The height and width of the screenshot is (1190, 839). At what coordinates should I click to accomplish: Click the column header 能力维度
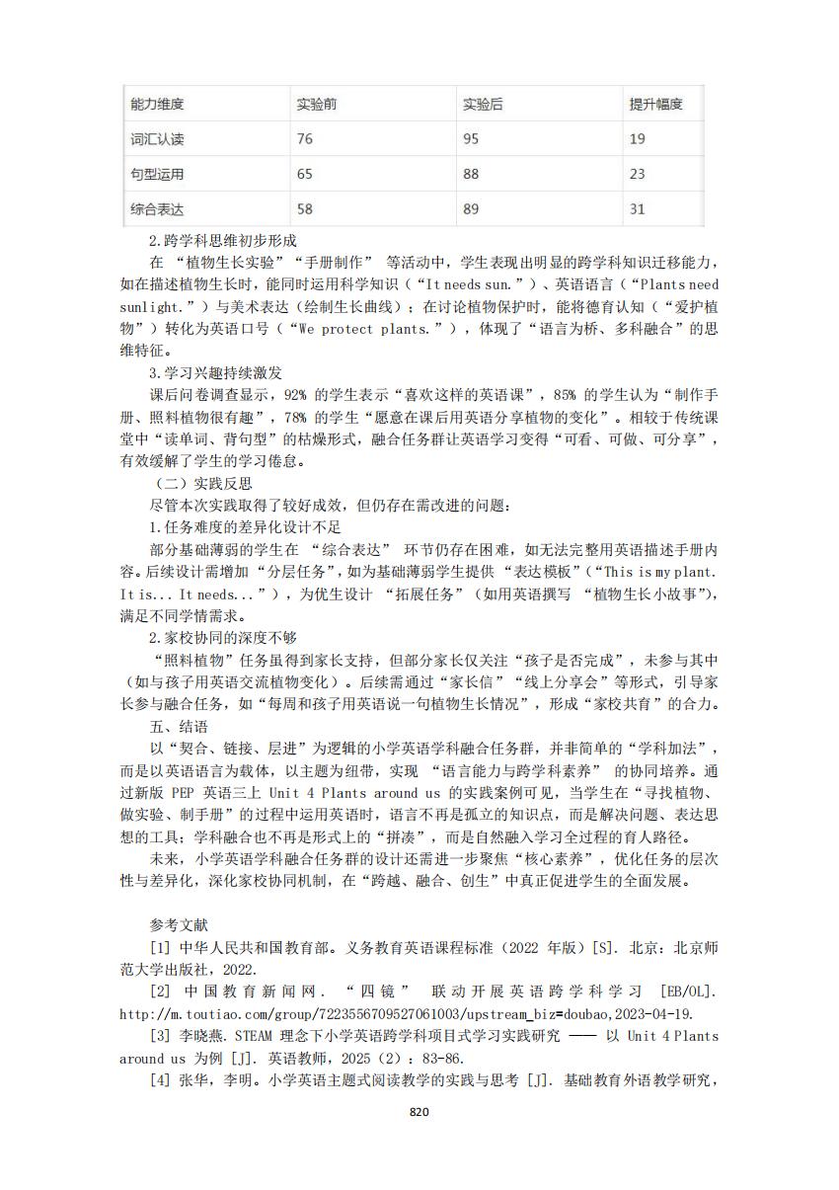pos(158,104)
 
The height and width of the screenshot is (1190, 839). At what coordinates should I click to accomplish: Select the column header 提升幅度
pos(656,104)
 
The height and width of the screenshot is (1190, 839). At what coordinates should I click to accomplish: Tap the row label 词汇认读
pos(158,139)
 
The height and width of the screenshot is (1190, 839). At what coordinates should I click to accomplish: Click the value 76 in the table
pos(305,139)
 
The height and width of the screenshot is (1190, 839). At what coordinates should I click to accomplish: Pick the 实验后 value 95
pos(471,139)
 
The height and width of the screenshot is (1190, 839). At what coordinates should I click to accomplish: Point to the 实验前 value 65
pos(305,174)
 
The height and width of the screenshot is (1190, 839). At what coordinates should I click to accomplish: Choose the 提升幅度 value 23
pos(638,174)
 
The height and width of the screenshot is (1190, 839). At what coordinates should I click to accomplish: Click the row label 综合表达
pos(158,209)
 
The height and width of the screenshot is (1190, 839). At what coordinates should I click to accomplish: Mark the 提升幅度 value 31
pos(638,209)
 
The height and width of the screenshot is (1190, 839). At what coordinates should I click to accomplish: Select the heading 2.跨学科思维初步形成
pos(223,240)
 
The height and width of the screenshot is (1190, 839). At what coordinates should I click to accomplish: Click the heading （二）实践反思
pos(203,483)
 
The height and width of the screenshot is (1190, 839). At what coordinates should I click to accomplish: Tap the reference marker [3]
pos(160,1036)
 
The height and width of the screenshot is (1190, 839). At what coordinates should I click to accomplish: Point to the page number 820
pos(419,1112)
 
